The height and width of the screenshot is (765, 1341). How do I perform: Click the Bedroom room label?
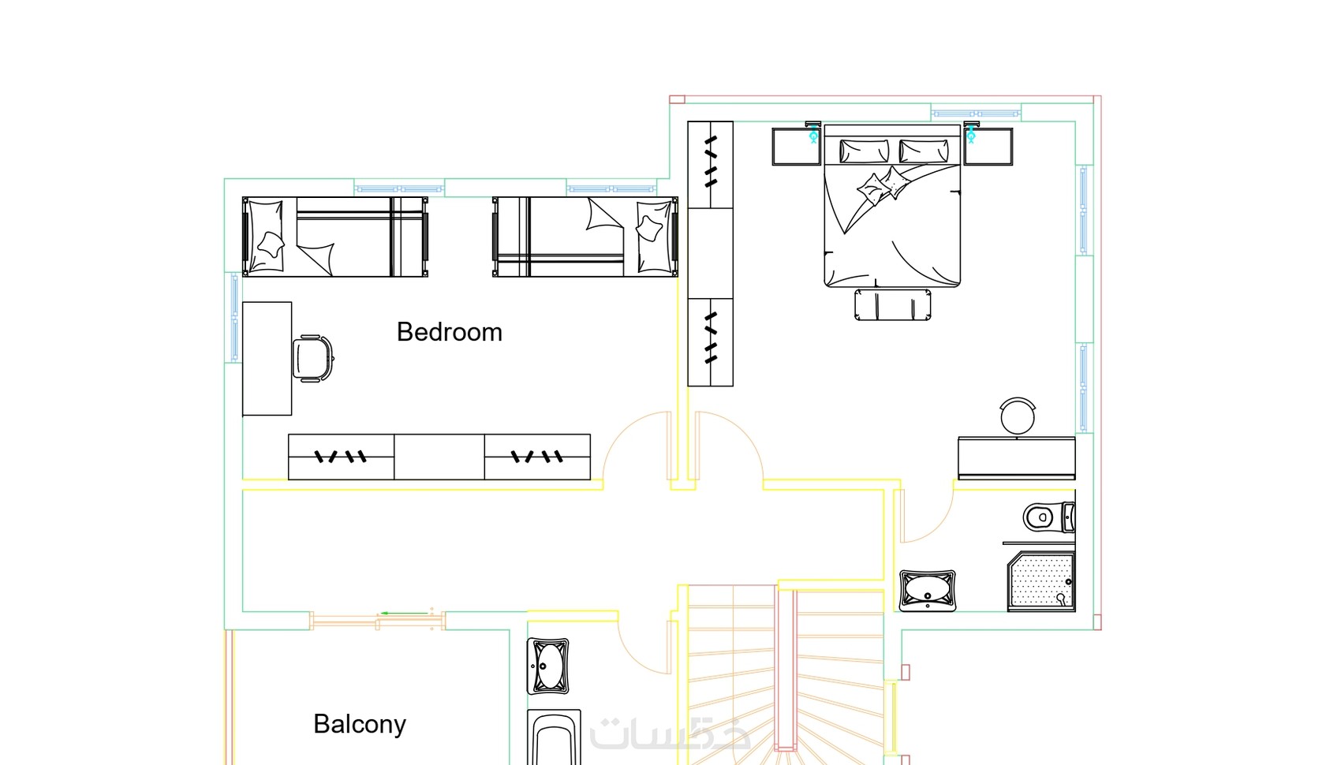(449, 332)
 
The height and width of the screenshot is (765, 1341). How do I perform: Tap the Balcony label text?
(360, 724)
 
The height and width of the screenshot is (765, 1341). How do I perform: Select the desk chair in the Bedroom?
(312, 358)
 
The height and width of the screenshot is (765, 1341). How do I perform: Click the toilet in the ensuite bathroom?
(1049, 517)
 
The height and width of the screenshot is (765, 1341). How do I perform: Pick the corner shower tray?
(1041, 582)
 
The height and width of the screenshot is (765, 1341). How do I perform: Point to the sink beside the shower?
(928, 590)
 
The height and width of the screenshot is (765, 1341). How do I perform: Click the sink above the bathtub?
(547, 666)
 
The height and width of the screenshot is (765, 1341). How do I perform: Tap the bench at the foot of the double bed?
(893, 304)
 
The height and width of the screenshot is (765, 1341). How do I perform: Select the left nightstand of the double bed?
(796, 147)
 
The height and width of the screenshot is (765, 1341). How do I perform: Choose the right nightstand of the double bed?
(988, 147)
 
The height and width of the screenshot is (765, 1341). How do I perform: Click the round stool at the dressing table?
(1017, 416)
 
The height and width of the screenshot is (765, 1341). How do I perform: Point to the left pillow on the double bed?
(864, 151)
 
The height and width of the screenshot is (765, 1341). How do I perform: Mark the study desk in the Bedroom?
(267, 359)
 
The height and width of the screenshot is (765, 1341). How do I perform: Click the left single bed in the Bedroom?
(335, 237)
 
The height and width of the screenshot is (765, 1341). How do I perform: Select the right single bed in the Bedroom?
(585, 237)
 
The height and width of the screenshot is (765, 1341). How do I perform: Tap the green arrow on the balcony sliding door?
(405, 613)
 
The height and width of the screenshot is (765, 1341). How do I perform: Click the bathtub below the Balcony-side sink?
(554, 737)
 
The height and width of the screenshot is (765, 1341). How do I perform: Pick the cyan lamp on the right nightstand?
(971, 132)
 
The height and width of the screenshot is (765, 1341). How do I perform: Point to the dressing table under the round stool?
(1017, 458)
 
